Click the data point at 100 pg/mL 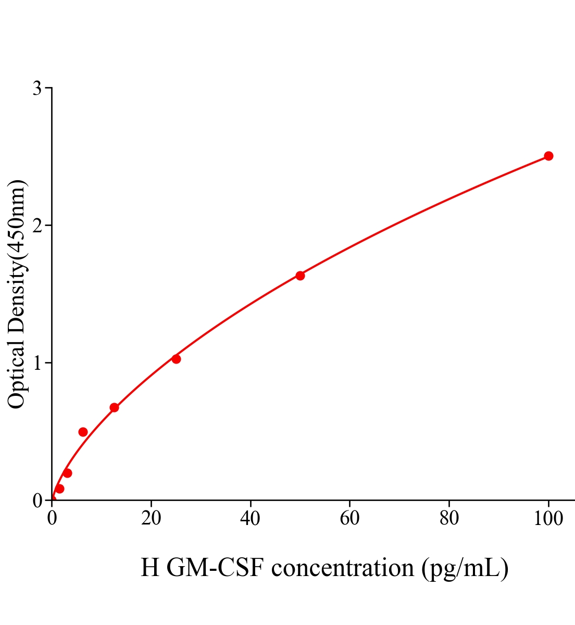tap(548, 156)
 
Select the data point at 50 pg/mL tap(300, 276)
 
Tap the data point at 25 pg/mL tap(176, 359)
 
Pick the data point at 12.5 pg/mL tap(114, 407)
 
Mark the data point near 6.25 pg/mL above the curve tap(83, 432)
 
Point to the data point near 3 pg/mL tap(67, 473)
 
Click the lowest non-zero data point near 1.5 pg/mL tap(59, 489)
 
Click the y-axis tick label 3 tap(37, 89)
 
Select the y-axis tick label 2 tap(37, 226)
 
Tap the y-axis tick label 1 tap(37, 363)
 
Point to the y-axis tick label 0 tap(37, 501)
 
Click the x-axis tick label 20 tap(151, 519)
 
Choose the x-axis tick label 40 tap(251, 519)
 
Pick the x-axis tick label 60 tap(349, 519)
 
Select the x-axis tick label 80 tap(449, 519)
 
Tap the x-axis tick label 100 tap(548, 519)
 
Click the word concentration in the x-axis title tap(343, 568)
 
